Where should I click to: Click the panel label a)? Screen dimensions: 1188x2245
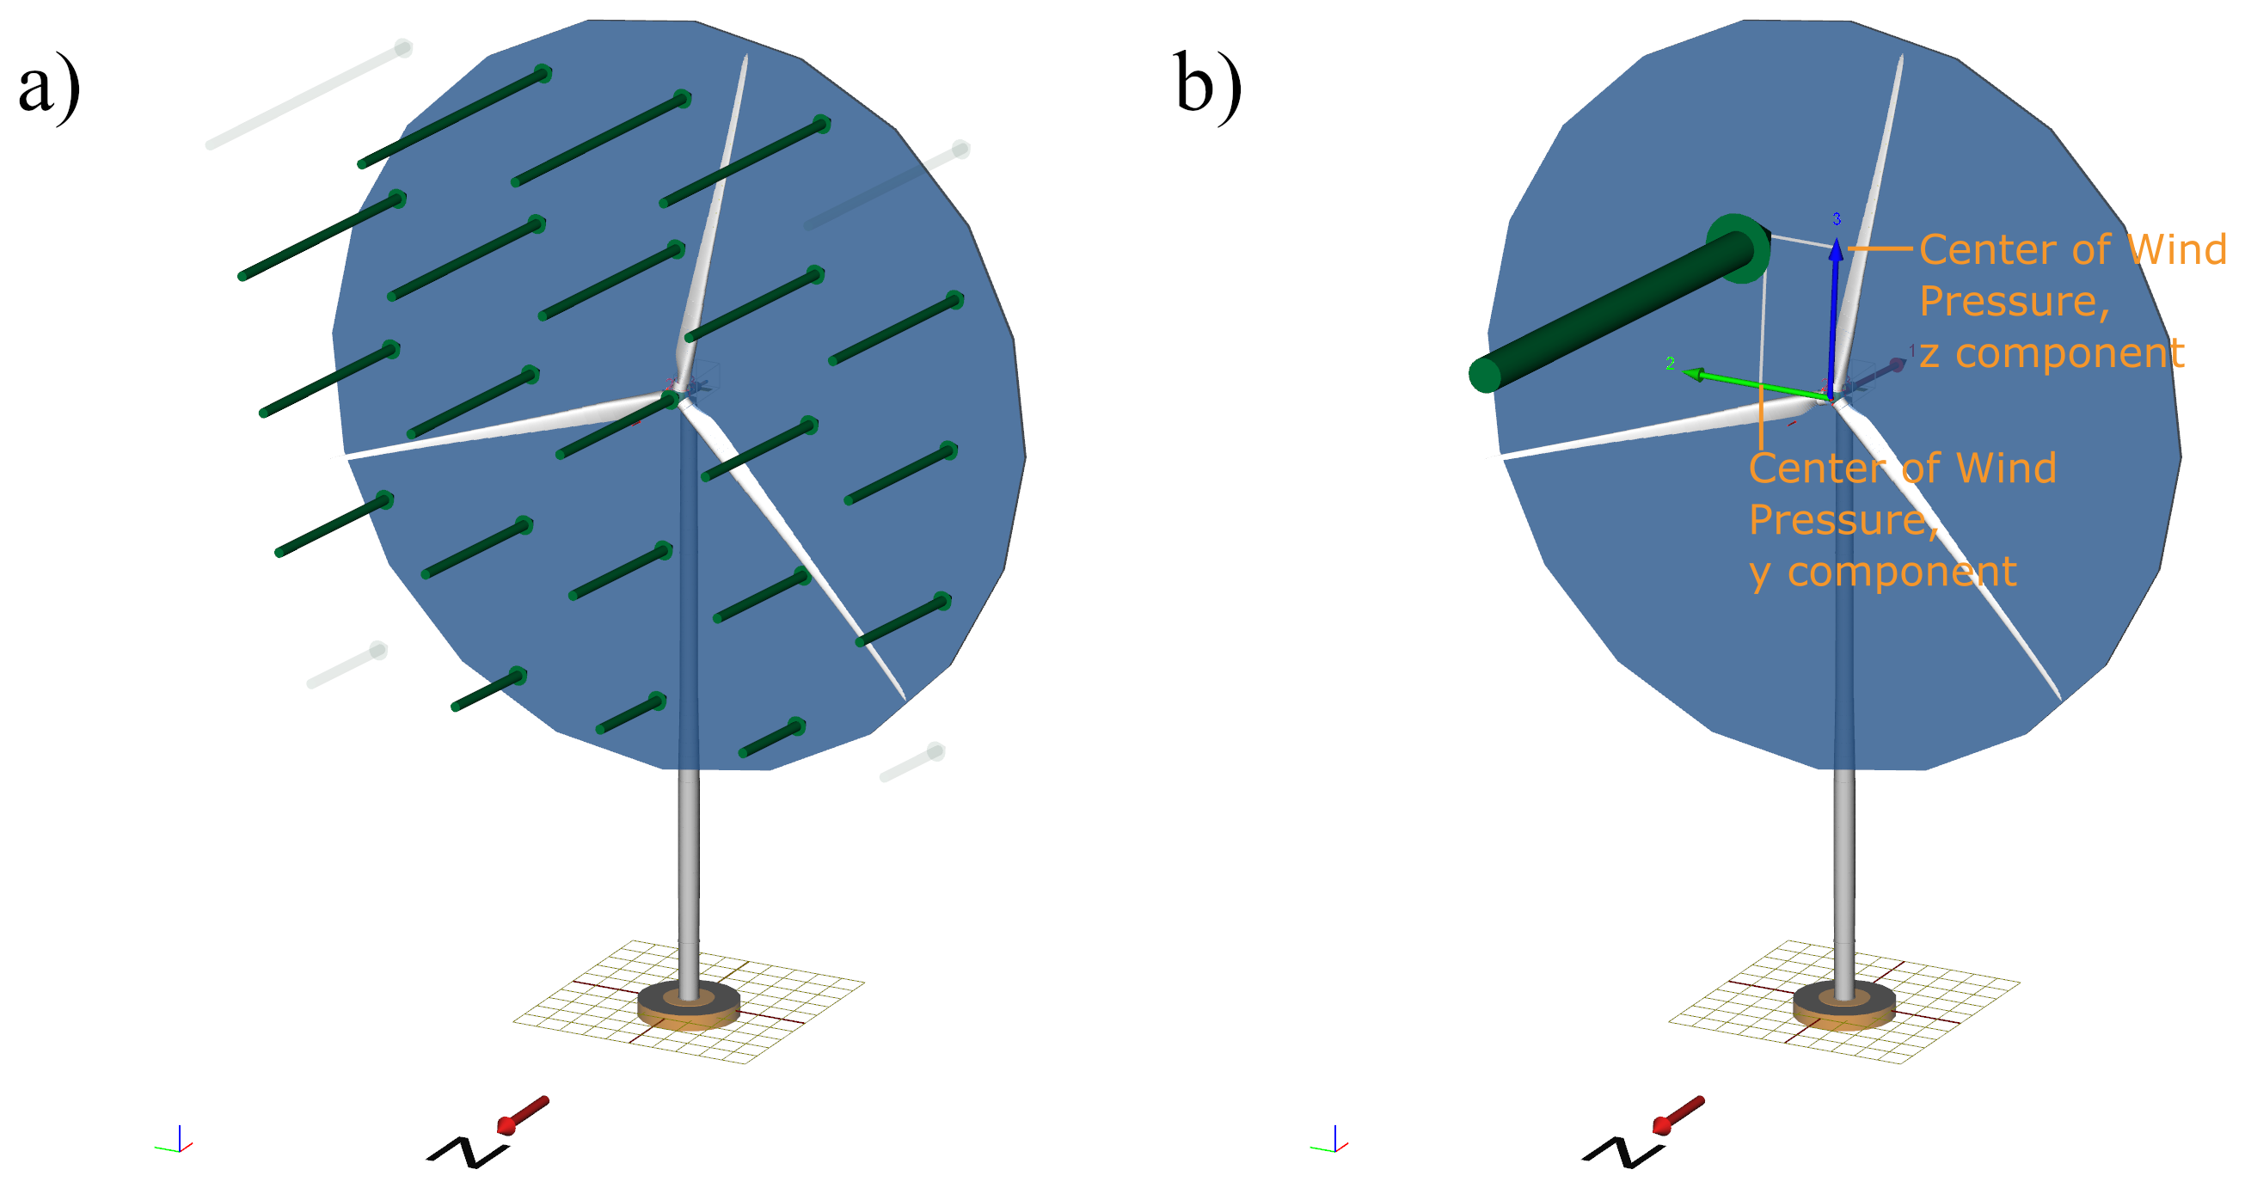(x=49, y=87)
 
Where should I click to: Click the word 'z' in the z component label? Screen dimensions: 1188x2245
(x=1929, y=354)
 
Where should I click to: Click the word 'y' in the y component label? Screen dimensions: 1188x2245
(x=1759, y=573)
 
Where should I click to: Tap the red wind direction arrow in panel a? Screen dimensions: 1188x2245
(x=523, y=1115)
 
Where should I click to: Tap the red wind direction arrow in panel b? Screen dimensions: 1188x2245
(x=1678, y=1115)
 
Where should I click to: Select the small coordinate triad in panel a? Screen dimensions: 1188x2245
(x=177, y=1142)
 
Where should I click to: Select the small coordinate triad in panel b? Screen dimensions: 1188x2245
(x=1333, y=1142)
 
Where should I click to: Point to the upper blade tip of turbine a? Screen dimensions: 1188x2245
(x=746, y=58)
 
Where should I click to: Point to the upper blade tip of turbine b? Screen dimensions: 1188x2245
(x=1901, y=58)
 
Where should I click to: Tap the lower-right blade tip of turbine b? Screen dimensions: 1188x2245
(x=2059, y=697)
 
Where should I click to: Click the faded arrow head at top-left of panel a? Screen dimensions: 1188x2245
(x=402, y=48)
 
